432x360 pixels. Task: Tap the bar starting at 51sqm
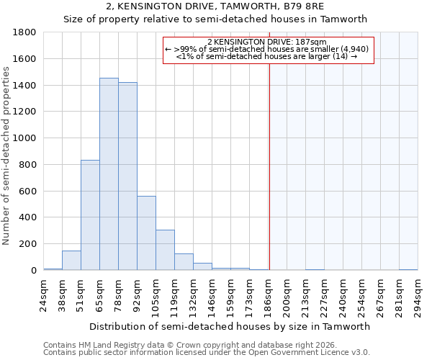90,215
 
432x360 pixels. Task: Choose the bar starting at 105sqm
165,250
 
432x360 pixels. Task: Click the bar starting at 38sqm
71,261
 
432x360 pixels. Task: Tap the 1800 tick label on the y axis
25,32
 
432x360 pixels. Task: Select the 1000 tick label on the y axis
25,138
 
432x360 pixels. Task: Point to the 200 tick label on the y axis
28,244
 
